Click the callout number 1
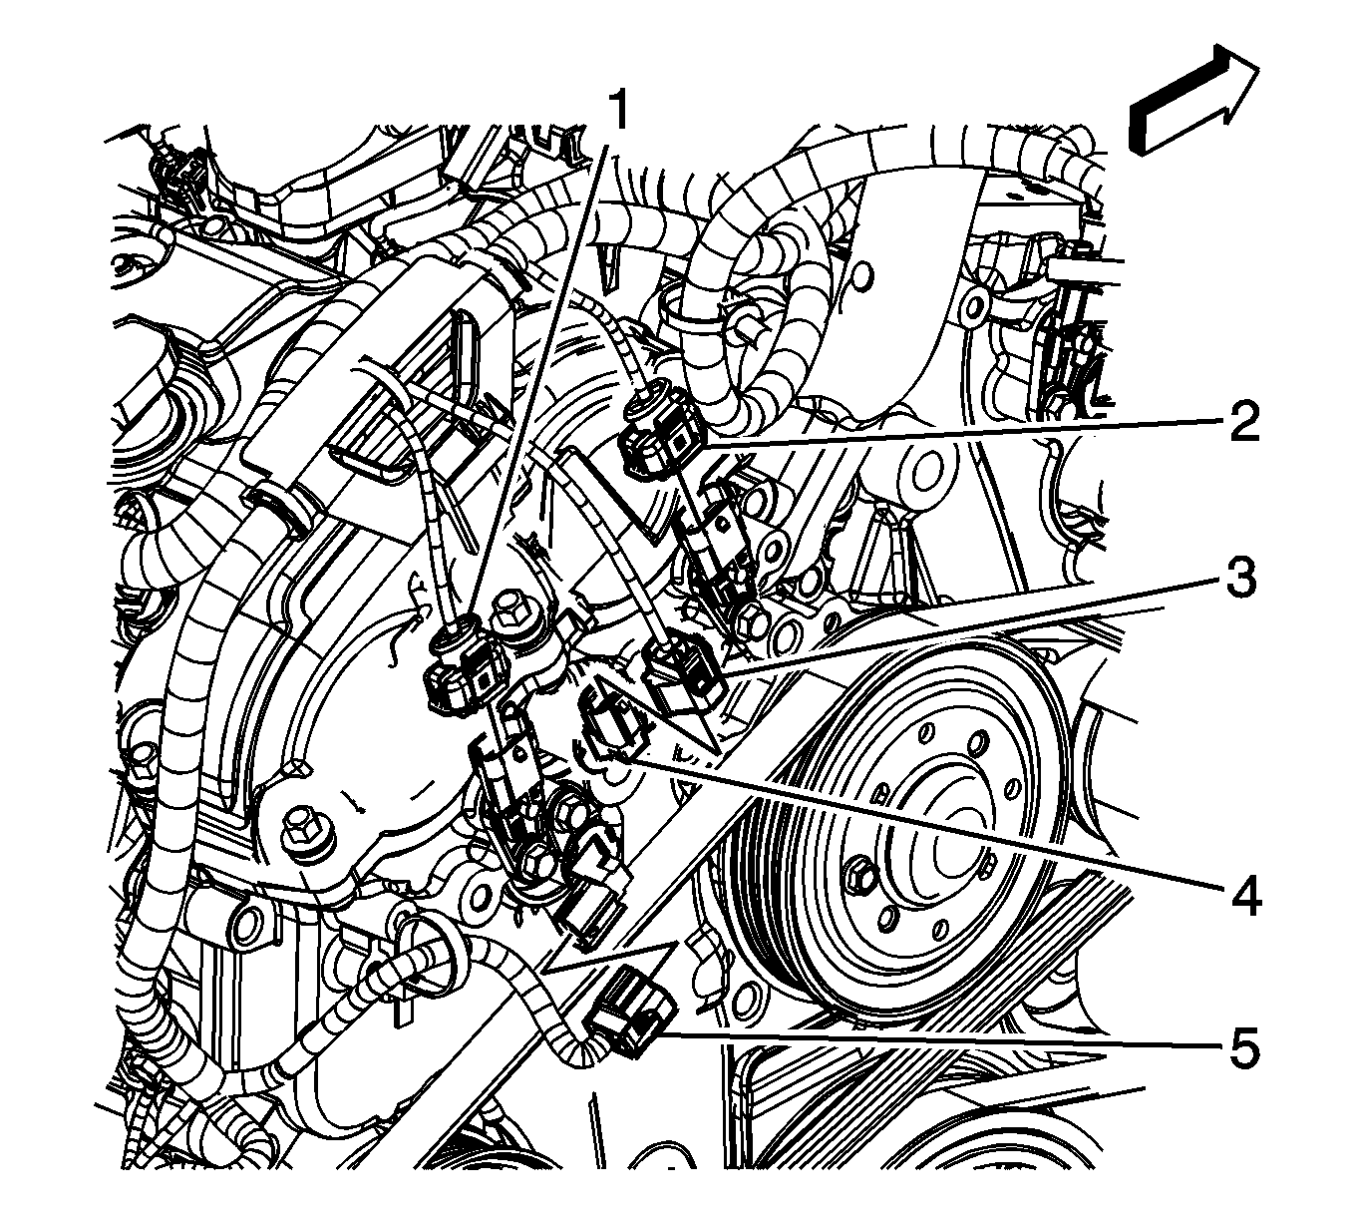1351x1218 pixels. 617,111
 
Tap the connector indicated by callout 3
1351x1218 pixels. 684,676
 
